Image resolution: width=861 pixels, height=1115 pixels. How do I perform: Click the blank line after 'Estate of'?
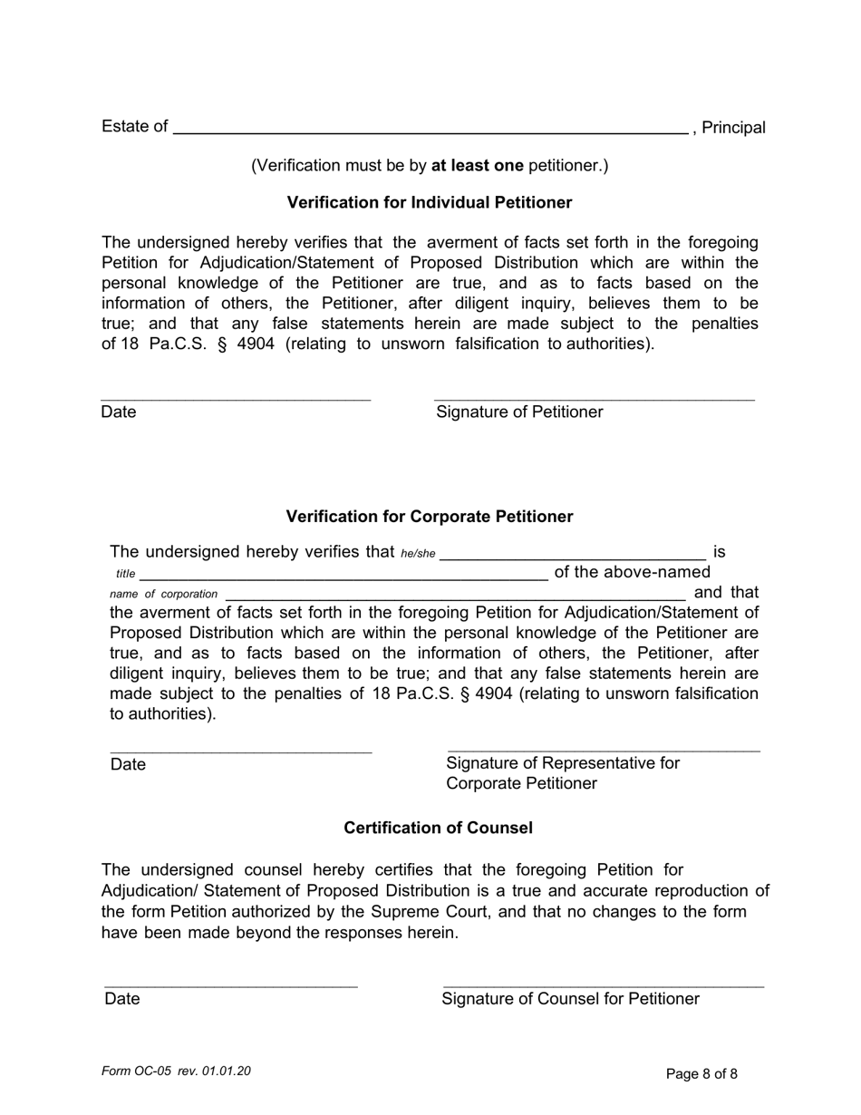click(430, 130)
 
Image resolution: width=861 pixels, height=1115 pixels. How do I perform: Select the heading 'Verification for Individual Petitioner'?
click(430, 203)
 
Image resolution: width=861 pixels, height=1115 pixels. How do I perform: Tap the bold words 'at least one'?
click(477, 165)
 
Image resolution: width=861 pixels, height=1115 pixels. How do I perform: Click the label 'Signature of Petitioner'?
click(519, 412)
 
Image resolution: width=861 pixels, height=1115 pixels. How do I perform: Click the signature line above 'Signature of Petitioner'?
click(594, 399)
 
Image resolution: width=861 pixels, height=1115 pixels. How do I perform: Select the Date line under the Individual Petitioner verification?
click(236, 399)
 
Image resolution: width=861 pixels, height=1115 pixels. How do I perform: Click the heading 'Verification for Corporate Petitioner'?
click(430, 517)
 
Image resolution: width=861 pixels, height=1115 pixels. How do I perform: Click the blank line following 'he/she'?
click(572, 555)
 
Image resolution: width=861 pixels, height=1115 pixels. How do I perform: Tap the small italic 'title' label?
click(126, 574)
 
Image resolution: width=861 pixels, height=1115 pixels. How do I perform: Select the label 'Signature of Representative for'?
click(563, 763)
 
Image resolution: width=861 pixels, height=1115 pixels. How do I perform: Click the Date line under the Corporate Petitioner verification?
click(241, 751)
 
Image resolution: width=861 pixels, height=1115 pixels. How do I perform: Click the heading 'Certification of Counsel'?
click(438, 829)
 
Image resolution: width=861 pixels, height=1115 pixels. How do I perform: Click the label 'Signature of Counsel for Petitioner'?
click(570, 999)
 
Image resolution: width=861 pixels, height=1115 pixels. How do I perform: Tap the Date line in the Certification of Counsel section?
click(231, 986)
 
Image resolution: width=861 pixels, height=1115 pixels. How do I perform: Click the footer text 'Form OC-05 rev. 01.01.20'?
click(177, 1071)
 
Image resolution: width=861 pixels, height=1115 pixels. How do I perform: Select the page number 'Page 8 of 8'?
click(701, 1074)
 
